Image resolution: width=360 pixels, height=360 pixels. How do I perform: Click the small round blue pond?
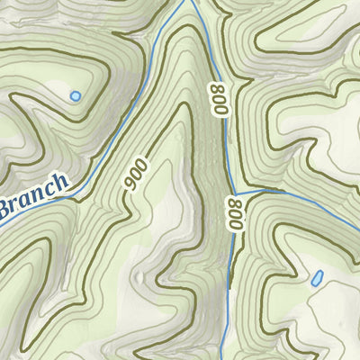(x=75, y=94)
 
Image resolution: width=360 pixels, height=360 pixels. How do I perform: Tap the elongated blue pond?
(x=316, y=278)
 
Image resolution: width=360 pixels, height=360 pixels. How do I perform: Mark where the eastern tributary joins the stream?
(x=233, y=194)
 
